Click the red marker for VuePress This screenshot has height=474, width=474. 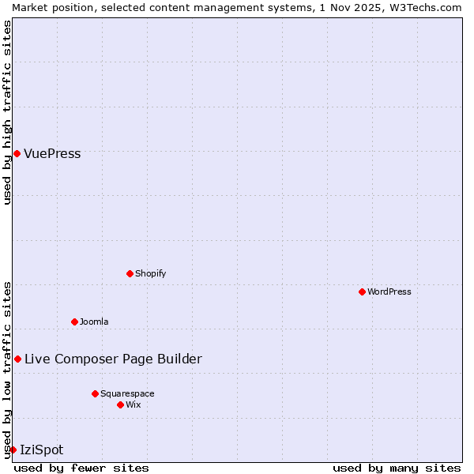coord(17,153)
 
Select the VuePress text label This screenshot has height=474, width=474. coord(52,154)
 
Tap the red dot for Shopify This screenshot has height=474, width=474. coord(130,273)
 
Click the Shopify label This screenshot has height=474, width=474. coord(150,274)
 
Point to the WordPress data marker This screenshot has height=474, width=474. coord(362,292)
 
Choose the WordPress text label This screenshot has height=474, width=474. coord(389,292)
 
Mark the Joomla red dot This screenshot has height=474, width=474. coord(74,322)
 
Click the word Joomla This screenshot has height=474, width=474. coord(94,322)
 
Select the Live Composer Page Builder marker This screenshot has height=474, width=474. coord(17,359)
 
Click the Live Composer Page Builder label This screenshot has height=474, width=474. coord(113,359)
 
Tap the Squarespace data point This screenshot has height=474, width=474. coord(95,393)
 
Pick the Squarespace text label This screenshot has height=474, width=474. coord(127,394)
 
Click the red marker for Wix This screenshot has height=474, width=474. coord(120,404)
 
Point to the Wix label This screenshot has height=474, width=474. coord(134,405)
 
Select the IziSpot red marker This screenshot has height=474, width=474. coord(13,450)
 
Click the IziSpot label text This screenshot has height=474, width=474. coord(41,450)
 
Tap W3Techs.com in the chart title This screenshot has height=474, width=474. coord(429,7)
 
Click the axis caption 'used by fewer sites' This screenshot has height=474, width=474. coord(81,468)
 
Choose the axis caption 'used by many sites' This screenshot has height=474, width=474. coord(397,468)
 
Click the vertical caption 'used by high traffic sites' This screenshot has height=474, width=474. coord(7,112)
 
